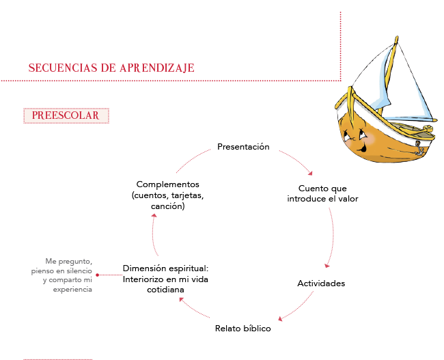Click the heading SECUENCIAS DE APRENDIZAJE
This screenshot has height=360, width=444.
point(111,68)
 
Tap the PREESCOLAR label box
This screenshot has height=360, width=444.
point(66,115)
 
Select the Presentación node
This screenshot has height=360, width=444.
point(243,147)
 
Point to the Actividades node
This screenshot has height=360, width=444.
point(321,283)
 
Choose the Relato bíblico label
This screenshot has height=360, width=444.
point(243,329)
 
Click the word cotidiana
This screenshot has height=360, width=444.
point(165,290)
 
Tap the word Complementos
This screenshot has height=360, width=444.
point(167,184)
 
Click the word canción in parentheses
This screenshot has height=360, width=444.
point(167,206)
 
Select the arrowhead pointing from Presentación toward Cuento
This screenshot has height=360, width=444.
point(310,174)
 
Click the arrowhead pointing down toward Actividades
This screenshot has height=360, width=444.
point(327,266)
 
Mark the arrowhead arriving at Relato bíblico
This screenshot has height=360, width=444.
point(280,319)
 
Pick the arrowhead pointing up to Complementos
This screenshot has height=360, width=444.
point(154,216)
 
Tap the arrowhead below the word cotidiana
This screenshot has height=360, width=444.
point(182,299)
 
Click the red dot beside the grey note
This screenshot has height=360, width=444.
point(98,275)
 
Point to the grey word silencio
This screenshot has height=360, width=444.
point(79,271)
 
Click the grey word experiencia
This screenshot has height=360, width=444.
point(72,290)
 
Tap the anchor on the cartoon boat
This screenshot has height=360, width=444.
point(418,148)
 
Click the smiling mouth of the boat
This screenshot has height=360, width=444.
point(361,148)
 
